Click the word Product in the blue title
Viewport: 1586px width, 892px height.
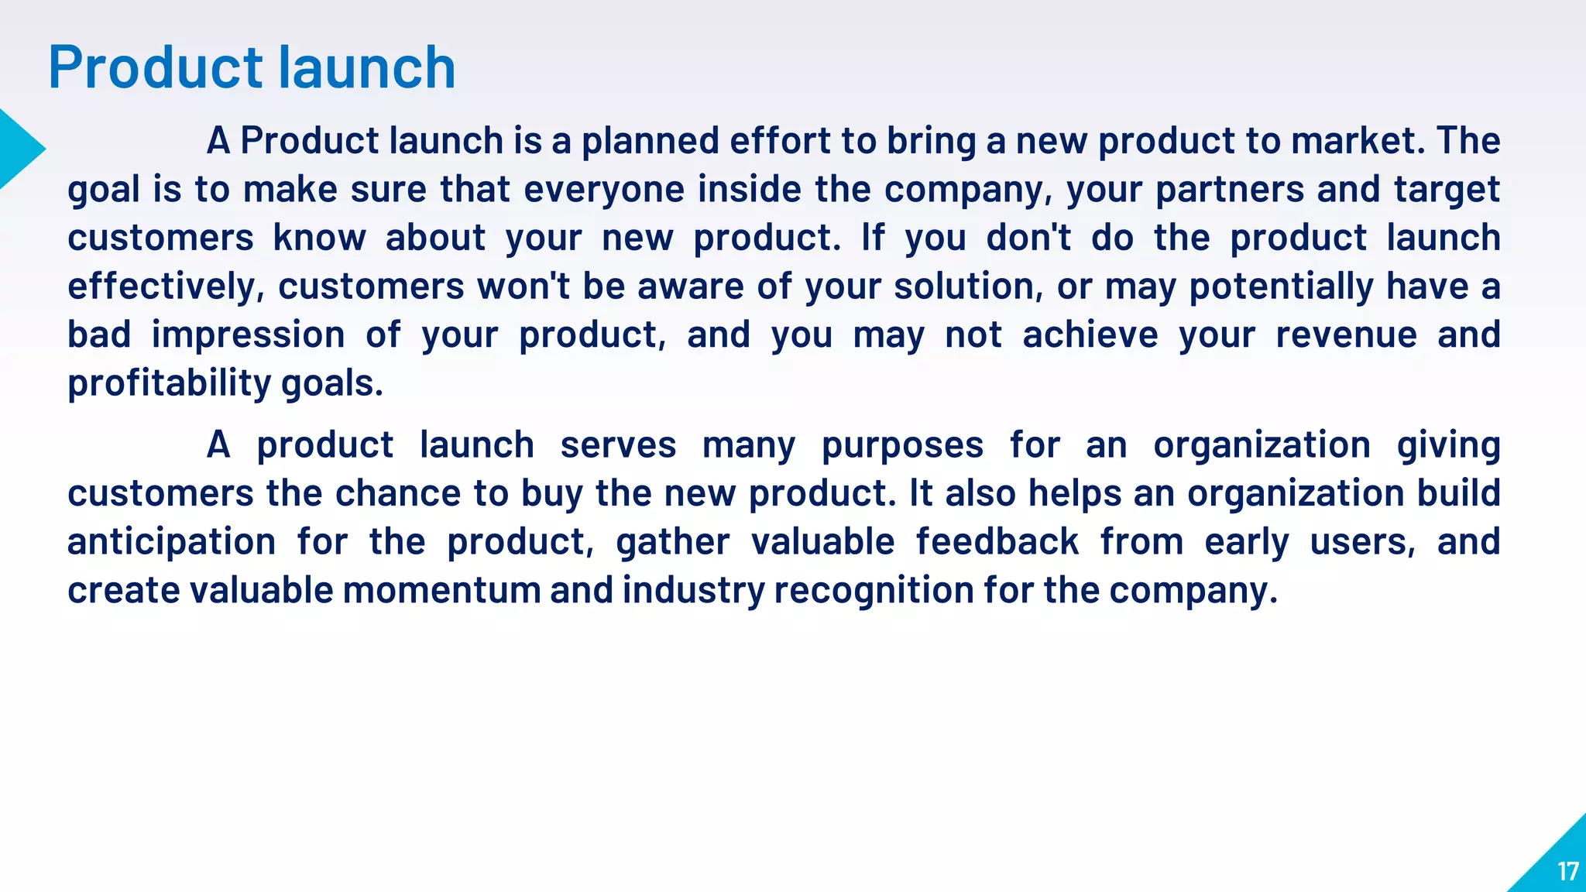click(x=155, y=68)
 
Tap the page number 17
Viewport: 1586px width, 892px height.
click(x=1567, y=872)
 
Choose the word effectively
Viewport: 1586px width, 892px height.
click(x=161, y=286)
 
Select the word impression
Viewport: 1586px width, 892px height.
click(x=248, y=335)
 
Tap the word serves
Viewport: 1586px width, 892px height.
click(x=618, y=445)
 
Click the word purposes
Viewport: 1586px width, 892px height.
click(x=902, y=445)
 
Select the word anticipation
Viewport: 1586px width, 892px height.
click(x=171, y=542)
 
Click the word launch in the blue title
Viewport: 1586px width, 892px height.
click(x=366, y=68)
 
